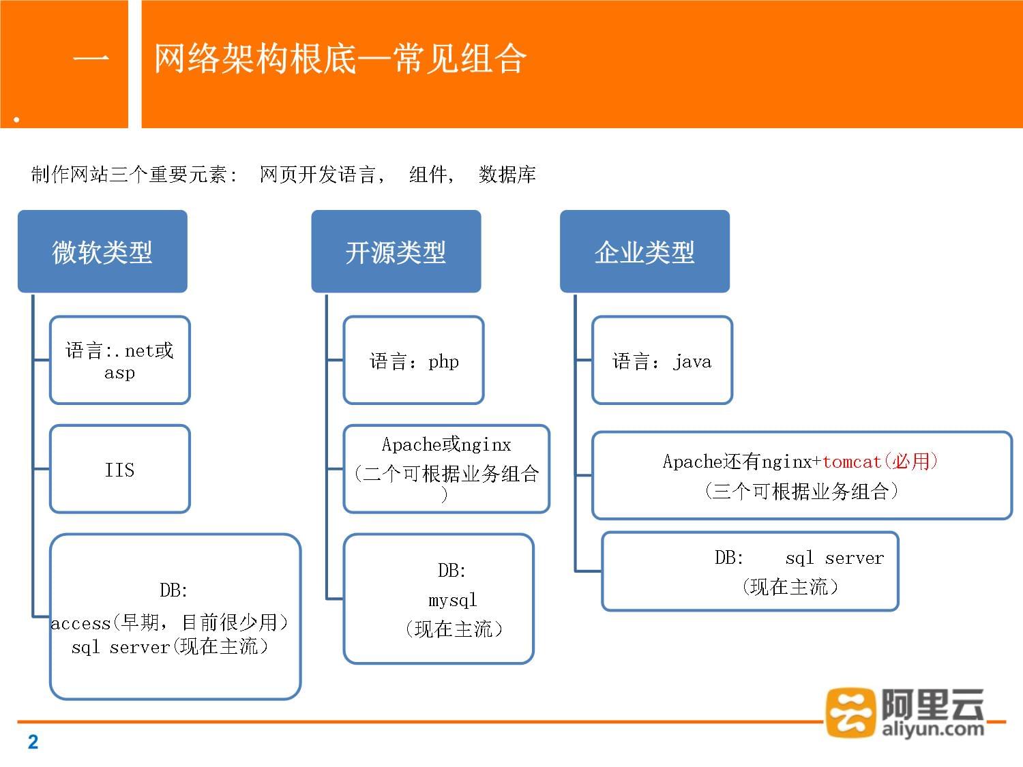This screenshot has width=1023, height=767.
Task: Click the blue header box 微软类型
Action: pos(102,252)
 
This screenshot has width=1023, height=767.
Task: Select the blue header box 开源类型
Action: pos(396,252)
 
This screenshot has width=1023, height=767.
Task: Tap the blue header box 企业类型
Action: pos(644,252)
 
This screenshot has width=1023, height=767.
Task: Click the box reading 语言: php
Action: pos(413,360)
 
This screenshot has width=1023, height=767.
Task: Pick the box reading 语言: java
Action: pos(662,360)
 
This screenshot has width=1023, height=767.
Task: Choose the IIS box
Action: pos(119,469)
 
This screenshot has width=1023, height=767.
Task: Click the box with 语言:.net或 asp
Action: pos(119,360)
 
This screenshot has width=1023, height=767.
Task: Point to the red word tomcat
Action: pos(852,462)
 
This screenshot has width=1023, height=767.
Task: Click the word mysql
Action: pos(452,600)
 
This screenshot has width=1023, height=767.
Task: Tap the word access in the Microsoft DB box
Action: pos(80,623)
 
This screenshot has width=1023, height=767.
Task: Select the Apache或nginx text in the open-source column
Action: pos(446,445)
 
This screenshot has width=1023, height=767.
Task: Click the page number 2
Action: pos(33,742)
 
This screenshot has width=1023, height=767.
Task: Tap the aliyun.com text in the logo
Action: pos(932,728)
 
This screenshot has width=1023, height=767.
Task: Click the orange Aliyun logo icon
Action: pos(850,712)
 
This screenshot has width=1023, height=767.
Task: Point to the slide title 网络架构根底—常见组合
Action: pos(340,59)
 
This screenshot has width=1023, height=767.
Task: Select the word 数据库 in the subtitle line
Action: pos(507,175)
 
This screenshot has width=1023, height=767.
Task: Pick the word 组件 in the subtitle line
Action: pos(428,175)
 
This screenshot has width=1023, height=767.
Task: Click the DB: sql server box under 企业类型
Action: pos(750,571)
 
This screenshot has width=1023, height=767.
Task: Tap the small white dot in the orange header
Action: pos(16,119)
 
